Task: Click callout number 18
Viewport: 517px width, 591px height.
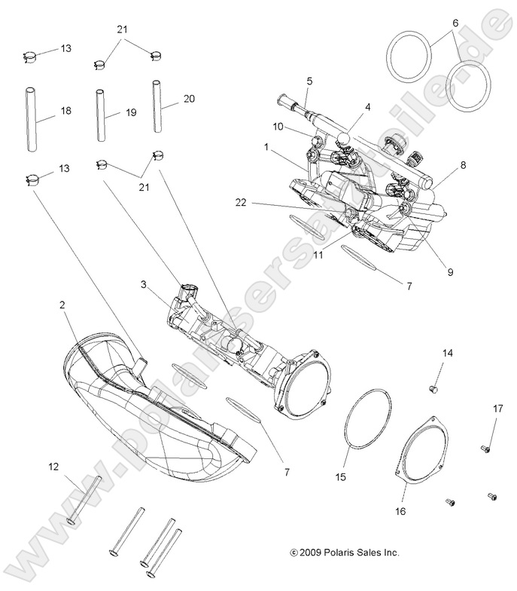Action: point(66,111)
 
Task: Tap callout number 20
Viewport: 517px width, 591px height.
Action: point(188,98)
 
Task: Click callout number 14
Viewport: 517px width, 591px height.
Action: point(447,353)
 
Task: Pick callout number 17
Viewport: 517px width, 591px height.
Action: point(497,409)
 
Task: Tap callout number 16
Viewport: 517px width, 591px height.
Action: point(400,510)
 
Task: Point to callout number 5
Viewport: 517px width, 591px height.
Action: point(309,79)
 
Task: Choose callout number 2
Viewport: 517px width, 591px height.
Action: point(62,305)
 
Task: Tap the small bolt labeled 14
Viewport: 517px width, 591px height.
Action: point(433,388)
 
